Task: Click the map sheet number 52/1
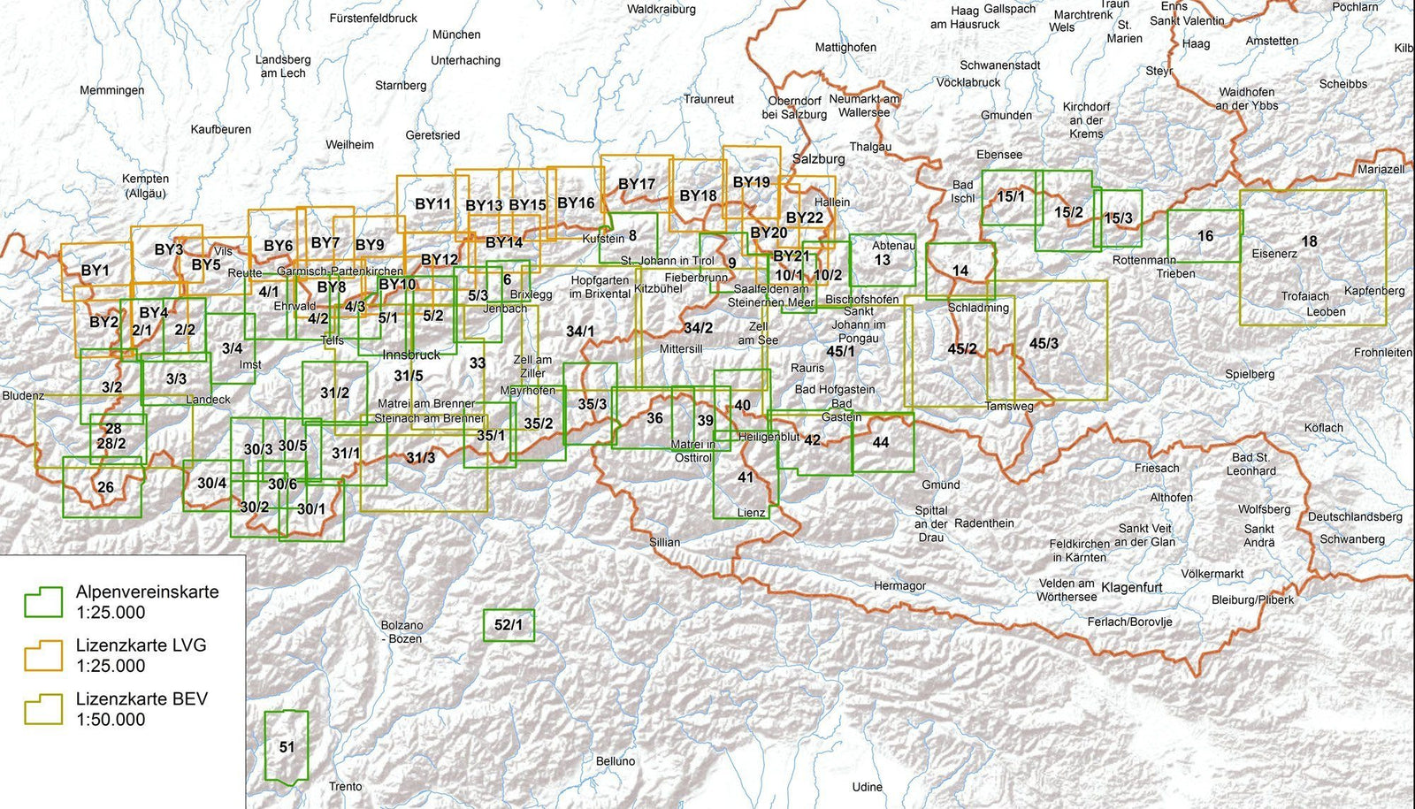click(x=509, y=625)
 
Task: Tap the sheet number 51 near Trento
click(x=287, y=747)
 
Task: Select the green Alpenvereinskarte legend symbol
click(x=43, y=602)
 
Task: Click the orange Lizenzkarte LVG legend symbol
click(x=43, y=655)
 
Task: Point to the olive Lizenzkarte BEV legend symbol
click(x=43, y=709)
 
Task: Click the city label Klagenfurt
click(x=1131, y=587)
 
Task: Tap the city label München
click(x=456, y=34)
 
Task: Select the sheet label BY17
click(x=637, y=184)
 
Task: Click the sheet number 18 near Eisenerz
click(x=1309, y=240)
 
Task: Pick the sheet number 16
click(x=1205, y=236)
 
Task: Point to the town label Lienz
click(x=751, y=513)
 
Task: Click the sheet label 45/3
click(x=1044, y=343)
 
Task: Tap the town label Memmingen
click(x=111, y=90)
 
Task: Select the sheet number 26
click(x=105, y=487)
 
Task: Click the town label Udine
click(x=868, y=787)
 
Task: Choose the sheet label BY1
click(x=95, y=271)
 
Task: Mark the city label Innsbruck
click(x=411, y=355)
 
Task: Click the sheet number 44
click(x=880, y=442)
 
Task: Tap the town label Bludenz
click(x=23, y=395)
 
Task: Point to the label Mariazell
click(x=1381, y=169)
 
